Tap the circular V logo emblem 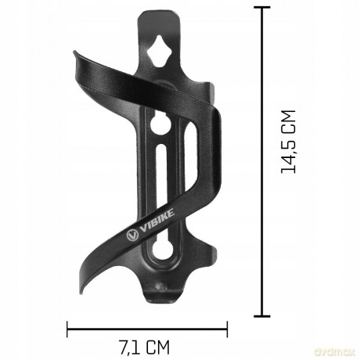132,235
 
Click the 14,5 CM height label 288,142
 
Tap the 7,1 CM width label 145,347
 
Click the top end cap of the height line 262,8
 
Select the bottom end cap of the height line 262,316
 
